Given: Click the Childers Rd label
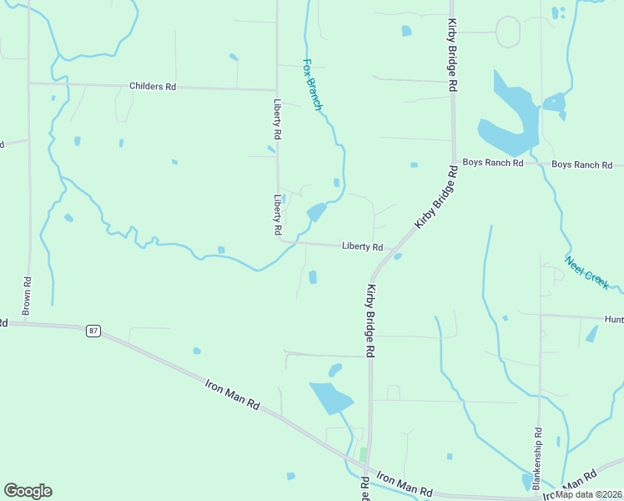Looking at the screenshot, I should pyautogui.click(x=153, y=86).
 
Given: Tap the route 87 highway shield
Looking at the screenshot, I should pyautogui.click(x=93, y=331).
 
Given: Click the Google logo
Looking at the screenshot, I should pyautogui.click(x=28, y=491).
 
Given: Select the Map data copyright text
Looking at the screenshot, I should pyautogui.click(x=589, y=493).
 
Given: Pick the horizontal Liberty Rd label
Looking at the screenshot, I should pyautogui.click(x=362, y=246).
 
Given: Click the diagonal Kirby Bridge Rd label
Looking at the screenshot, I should pyautogui.click(x=436, y=198).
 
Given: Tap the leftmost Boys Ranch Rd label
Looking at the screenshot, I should pyautogui.click(x=492, y=163).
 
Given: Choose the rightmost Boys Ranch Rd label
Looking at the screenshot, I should pyautogui.click(x=581, y=164).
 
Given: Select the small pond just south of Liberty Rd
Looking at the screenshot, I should pyautogui.click(x=313, y=276).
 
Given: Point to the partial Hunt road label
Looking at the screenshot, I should pyautogui.click(x=614, y=318).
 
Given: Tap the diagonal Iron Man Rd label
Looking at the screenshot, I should pyautogui.click(x=233, y=394).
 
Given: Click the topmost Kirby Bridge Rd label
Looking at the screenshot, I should pyautogui.click(x=452, y=54).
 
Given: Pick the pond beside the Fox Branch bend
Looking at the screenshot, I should pyautogui.click(x=316, y=212).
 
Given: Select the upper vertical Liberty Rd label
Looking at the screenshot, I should pyautogui.click(x=277, y=119).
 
